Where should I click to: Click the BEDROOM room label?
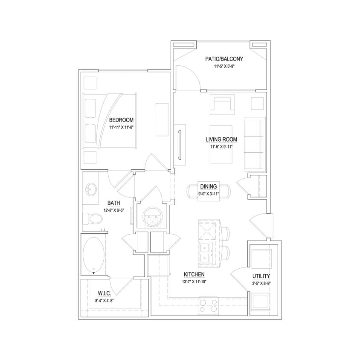point(121,119)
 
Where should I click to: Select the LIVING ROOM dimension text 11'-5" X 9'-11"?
point(221,147)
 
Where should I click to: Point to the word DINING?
point(208,186)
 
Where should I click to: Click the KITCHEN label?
point(194,274)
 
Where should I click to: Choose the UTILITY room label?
point(261,276)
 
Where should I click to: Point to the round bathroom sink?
point(91,188)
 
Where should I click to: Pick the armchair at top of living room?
point(223,105)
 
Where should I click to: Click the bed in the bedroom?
point(110,121)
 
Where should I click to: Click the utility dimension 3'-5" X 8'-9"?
point(261,283)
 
